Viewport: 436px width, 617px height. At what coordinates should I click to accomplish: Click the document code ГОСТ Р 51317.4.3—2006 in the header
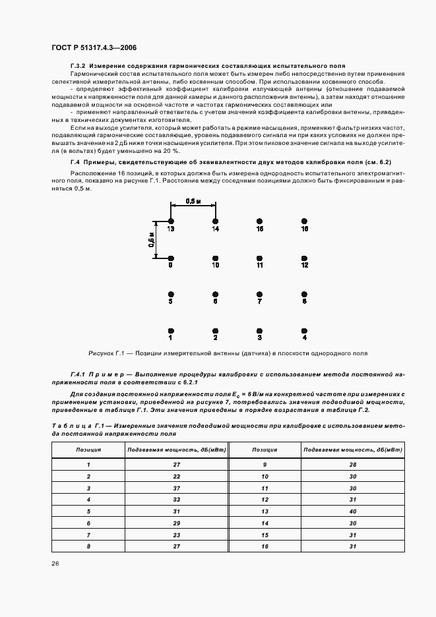(x=94, y=47)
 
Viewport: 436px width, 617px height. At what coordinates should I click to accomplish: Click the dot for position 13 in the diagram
(x=171, y=221)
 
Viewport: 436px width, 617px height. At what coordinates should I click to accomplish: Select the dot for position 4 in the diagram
(x=304, y=330)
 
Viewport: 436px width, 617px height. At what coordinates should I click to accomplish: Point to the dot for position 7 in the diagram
(x=260, y=294)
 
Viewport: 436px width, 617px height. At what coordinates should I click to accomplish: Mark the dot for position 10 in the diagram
(x=215, y=258)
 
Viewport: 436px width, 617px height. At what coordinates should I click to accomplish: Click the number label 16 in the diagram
(x=304, y=229)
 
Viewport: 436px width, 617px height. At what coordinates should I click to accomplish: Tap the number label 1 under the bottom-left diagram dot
(x=171, y=338)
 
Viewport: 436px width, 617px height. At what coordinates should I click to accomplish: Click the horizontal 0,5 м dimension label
(x=193, y=201)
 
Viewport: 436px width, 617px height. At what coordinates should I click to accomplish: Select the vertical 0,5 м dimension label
(x=151, y=239)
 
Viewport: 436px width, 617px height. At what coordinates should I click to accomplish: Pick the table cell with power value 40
(x=353, y=511)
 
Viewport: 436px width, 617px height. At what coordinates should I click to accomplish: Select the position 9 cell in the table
(x=263, y=464)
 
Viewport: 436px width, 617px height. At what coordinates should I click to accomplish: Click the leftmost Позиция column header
(x=88, y=450)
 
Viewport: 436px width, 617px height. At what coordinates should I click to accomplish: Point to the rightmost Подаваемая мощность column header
(x=353, y=450)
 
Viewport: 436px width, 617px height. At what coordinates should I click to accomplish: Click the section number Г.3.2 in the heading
(x=78, y=67)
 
